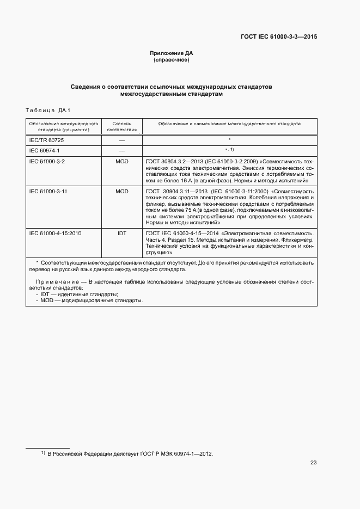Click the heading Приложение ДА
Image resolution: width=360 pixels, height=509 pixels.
click(172, 53)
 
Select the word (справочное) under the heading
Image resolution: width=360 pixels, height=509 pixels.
click(172, 60)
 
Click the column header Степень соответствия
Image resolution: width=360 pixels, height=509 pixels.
click(121, 127)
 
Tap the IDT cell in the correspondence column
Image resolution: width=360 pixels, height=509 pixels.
click(121, 233)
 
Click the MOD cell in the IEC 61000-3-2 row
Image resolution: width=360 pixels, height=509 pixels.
click(121, 162)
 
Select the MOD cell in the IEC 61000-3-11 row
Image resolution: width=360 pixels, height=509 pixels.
click(121, 192)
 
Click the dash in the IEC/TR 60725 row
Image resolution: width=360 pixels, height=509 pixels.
click(121, 140)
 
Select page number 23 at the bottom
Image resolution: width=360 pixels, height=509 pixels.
click(313, 463)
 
